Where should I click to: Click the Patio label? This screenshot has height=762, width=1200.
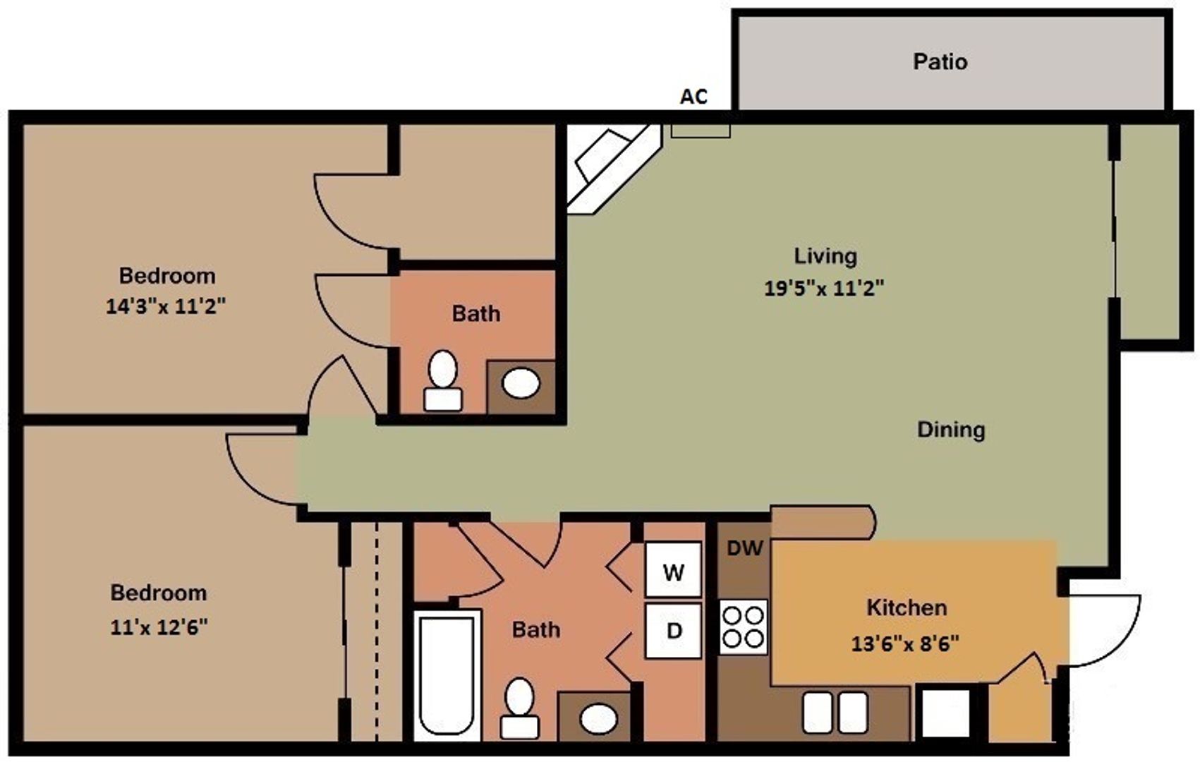940,61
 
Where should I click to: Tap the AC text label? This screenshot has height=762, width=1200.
693,97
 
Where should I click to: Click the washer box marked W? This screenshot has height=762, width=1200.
673,571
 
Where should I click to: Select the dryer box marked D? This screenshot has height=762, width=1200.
674,631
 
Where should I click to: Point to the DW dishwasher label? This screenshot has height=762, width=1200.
745,548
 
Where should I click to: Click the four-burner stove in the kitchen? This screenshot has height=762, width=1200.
744,627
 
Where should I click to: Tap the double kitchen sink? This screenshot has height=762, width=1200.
835,713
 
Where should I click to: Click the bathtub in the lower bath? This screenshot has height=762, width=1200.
446,676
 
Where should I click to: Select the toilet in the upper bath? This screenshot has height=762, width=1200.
443,381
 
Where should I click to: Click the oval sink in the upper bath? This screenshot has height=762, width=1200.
521,384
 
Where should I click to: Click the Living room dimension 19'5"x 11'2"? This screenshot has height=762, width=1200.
823,288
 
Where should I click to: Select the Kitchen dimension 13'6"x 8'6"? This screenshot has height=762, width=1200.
905,643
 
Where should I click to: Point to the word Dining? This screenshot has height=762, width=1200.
950,430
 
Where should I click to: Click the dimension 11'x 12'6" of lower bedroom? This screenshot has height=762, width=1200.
159,627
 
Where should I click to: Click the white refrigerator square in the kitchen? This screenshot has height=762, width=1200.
945,713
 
